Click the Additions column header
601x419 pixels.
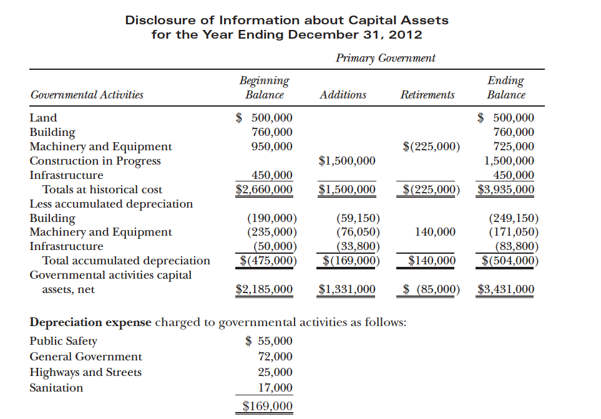[x=343, y=95]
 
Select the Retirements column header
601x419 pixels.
[x=428, y=95]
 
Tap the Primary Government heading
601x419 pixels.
[x=385, y=58]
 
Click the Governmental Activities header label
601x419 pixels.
[x=87, y=95]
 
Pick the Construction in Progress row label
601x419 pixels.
[x=95, y=161]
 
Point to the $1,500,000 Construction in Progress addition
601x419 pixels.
[x=347, y=161]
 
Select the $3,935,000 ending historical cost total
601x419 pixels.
[x=506, y=190]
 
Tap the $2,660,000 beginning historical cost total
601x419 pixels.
[x=264, y=190]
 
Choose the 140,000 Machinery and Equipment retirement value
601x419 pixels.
[x=435, y=232]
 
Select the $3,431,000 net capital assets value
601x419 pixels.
[x=506, y=289]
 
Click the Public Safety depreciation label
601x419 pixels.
[x=64, y=341]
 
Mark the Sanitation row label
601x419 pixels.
[x=56, y=388]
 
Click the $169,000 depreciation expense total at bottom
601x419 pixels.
[x=267, y=407]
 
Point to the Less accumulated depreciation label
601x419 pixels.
[x=111, y=204]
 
